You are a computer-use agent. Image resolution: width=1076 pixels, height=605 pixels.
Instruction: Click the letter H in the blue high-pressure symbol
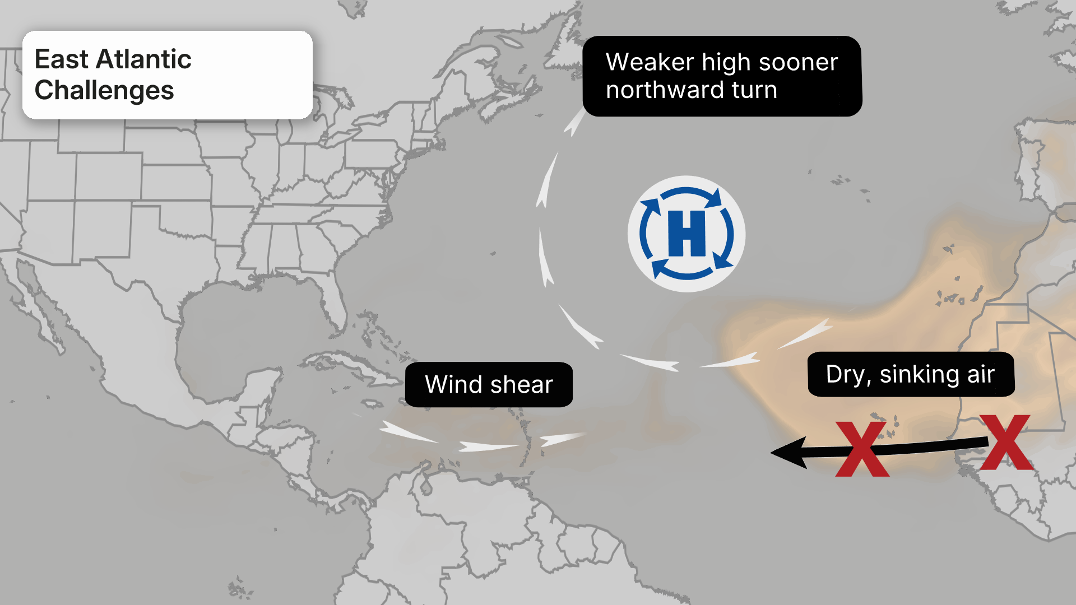[x=687, y=234]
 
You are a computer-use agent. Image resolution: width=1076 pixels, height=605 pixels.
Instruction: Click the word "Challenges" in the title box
[x=104, y=90]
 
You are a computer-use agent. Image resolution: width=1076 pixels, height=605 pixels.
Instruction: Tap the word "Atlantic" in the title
[x=143, y=59]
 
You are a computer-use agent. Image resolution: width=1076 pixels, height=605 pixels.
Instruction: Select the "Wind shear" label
[x=489, y=384]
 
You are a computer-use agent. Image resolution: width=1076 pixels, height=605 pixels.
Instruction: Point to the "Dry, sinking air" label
[x=910, y=374]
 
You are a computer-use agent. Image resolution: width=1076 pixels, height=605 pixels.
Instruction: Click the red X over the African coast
[x=1007, y=442]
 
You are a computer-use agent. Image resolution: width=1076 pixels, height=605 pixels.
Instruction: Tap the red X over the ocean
[x=862, y=449]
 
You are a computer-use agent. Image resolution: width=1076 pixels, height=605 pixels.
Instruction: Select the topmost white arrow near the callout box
[x=574, y=123]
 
